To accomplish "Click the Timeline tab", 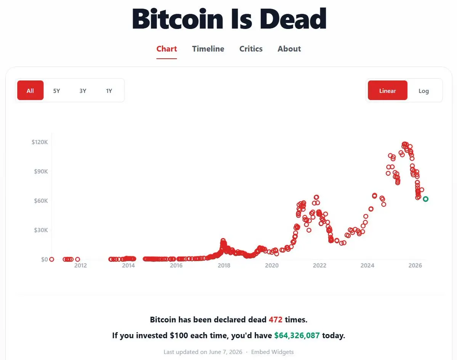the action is click(208, 49).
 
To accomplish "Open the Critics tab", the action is click(251, 49).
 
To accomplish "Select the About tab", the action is click(289, 49).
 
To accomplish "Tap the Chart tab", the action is click(167, 49).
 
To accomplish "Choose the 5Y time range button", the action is click(56, 91).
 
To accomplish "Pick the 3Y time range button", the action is click(83, 91).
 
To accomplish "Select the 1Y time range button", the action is click(109, 91).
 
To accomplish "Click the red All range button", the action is click(30, 90).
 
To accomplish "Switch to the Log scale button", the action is click(423, 91).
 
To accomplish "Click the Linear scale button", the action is click(387, 90).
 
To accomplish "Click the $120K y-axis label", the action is click(40, 142).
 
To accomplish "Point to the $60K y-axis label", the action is click(41, 201).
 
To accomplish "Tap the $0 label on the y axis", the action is click(44, 259).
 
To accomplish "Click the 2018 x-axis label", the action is click(224, 265).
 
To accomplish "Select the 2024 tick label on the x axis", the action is click(367, 265).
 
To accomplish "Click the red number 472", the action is click(276, 320).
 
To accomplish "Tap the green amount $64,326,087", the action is click(297, 336).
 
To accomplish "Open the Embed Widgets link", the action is click(272, 352).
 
